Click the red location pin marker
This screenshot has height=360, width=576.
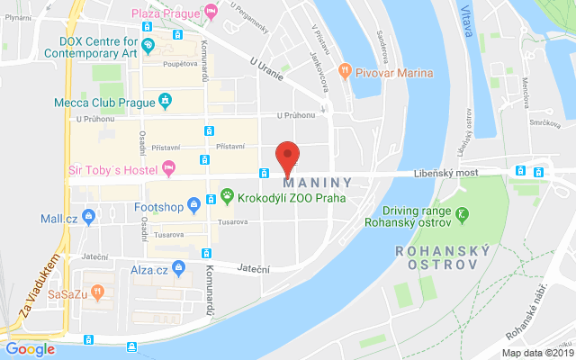click(287, 157)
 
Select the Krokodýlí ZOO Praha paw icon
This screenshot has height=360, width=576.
click(228, 195)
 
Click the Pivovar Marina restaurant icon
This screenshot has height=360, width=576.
click(344, 70)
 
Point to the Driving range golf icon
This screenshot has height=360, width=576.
click(462, 214)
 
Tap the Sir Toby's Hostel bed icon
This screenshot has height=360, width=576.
click(167, 167)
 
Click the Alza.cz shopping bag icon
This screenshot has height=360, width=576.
click(179, 268)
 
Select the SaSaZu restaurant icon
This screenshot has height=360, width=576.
click(98, 292)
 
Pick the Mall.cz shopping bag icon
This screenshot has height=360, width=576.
click(88, 217)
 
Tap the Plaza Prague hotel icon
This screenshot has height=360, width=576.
click(211, 13)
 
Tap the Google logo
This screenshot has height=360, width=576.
click(31, 348)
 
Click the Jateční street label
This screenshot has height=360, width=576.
click(254, 267)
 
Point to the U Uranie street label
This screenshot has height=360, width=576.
click(266, 67)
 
